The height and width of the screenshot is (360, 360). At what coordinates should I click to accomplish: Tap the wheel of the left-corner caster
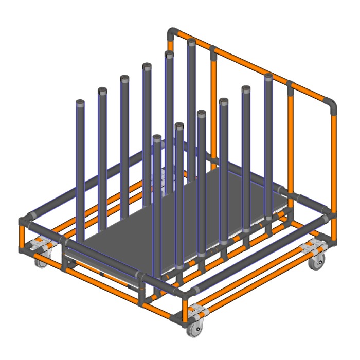tap(39, 262)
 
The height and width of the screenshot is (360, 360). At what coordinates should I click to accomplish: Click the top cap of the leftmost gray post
tap(80, 102)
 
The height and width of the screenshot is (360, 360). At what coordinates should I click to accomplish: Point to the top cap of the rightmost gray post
tap(268, 77)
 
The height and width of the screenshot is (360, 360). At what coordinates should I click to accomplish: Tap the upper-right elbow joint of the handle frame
tap(333, 105)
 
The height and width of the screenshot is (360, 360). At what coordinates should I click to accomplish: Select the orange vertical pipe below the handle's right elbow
tap(334, 159)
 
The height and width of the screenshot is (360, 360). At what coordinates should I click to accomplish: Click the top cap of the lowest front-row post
tap(157, 138)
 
